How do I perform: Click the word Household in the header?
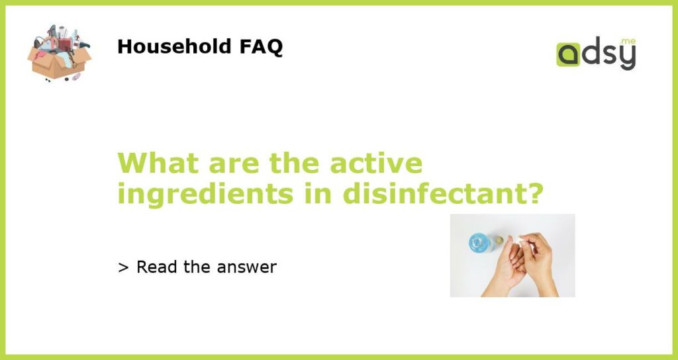pos(174,46)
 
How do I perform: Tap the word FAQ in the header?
pos(261,47)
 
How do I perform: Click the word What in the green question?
pos(158,163)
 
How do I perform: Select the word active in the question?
pos(376,163)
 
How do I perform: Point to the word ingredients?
pos(205,195)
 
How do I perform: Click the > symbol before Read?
pos(123,267)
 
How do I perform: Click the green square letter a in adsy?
pos(568,54)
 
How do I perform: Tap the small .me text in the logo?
pos(628,41)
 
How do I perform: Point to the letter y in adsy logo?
pos(628,58)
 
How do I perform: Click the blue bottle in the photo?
pos(481,242)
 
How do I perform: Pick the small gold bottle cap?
pos(499,240)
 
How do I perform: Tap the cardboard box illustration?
pos(59,64)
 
